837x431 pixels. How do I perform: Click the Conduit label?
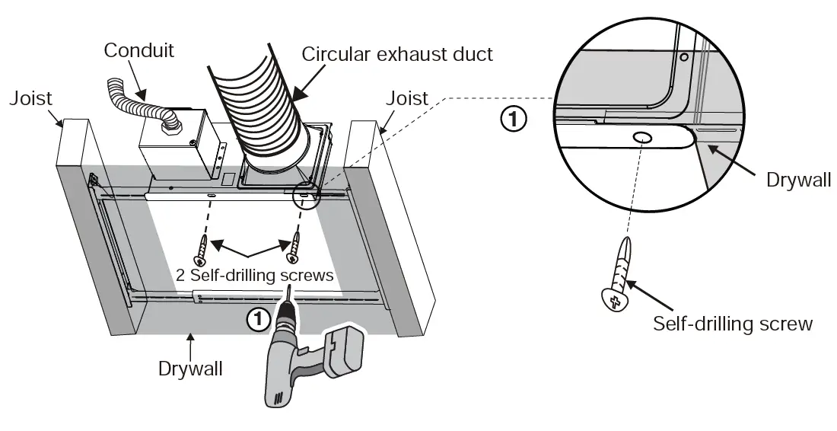(x=138, y=51)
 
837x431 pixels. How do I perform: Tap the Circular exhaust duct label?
(x=397, y=54)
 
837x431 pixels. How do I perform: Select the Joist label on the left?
(x=30, y=98)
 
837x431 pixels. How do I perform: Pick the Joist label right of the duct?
(x=406, y=98)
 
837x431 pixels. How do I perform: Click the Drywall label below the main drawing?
(x=190, y=369)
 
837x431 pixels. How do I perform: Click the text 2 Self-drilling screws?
(x=254, y=276)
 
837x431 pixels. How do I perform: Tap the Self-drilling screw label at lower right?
(x=733, y=324)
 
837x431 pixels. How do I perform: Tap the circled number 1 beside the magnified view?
(x=514, y=120)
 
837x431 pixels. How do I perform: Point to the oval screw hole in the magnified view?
(x=641, y=138)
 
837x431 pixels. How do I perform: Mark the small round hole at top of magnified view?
(x=684, y=57)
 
